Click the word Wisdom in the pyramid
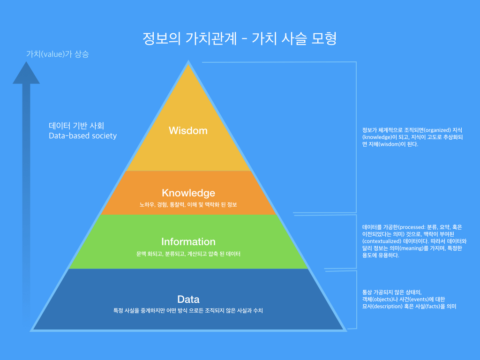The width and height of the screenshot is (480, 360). pos(188,130)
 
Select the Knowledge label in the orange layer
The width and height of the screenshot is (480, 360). pos(188,193)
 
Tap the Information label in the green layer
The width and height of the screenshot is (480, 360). pos(188,242)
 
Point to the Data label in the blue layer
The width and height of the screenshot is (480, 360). pos(188,299)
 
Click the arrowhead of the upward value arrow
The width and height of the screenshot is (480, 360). pos(26,74)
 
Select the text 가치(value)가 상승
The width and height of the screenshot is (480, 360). pos(57,54)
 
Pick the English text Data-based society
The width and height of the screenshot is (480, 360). pos(82,136)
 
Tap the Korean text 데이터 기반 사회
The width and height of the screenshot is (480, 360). pos(76,126)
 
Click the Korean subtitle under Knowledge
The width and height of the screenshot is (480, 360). pos(188,204)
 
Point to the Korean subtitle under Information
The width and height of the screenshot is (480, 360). pos(188,254)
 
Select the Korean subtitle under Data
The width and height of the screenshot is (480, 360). pos(188,310)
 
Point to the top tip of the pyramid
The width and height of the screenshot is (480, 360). pos(188,62)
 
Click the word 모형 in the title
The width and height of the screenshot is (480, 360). pos(324,38)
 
